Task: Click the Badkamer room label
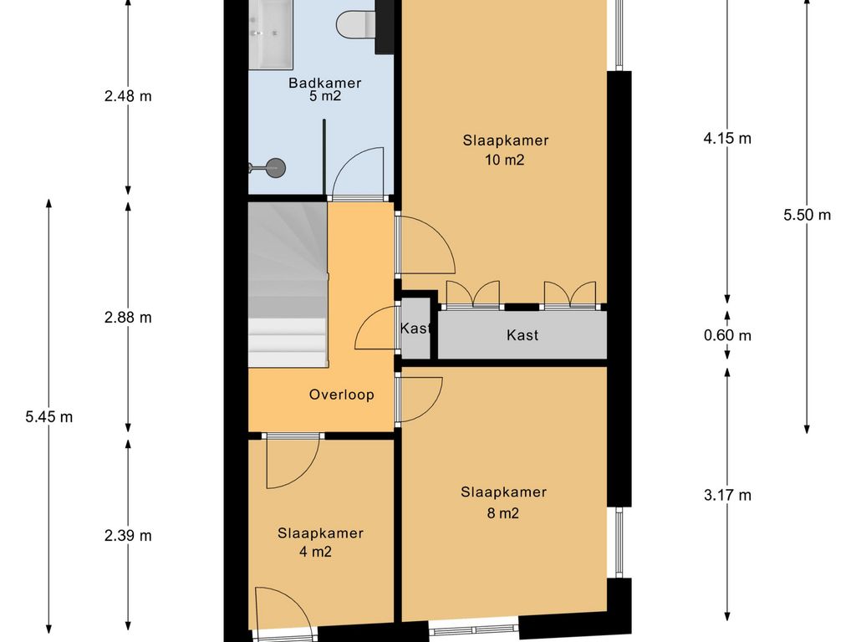click(325, 83)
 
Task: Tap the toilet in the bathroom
click(356, 24)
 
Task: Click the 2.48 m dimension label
click(128, 97)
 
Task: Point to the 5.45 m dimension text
click(49, 417)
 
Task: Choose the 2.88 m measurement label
click(128, 318)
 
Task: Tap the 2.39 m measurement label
click(128, 536)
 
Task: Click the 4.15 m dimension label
click(727, 139)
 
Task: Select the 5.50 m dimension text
click(807, 215)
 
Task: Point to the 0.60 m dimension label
click(727, 335)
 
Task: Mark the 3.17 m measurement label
click(727, 495)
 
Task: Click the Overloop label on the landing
click(342, 395)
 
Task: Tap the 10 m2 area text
click(504, 160)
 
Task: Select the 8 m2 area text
click(502, 513)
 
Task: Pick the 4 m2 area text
click(315, 552)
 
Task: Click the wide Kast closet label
click(522, 335)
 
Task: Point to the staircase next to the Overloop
click(288, 284)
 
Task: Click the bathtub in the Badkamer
click(271, 33)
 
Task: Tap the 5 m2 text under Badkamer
click(325, 97)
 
